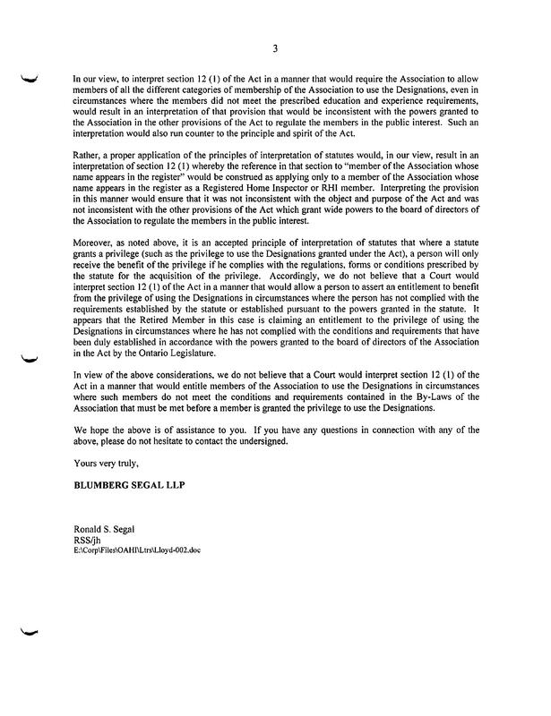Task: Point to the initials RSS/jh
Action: (88, 541)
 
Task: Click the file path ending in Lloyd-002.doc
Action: (137, 550)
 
